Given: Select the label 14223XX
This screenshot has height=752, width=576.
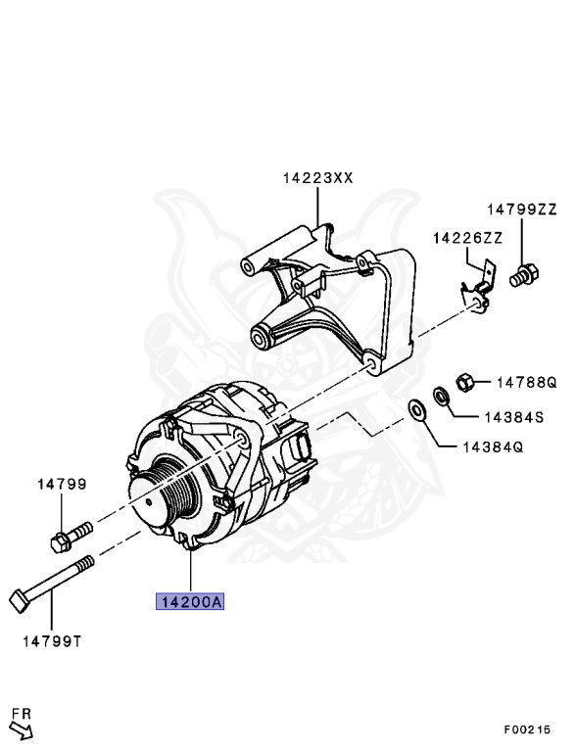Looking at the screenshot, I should [317, 178].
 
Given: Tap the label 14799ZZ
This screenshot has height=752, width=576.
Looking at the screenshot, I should [522, 210].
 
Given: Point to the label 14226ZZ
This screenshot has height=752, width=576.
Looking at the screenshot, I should [468, 238].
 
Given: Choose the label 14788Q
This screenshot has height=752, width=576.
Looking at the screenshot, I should [525, 382].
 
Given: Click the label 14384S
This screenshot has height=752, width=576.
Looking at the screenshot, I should [512, 416].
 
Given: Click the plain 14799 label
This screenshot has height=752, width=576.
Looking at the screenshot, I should [62, 484].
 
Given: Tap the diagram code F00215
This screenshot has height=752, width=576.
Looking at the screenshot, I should [526, 729].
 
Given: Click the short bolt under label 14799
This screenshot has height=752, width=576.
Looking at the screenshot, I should [69, 535].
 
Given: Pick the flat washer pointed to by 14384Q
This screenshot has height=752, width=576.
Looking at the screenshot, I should [415, 409].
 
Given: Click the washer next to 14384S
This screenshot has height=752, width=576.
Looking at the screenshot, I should [441, 398].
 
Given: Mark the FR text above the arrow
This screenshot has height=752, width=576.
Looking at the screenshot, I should [19, 711].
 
